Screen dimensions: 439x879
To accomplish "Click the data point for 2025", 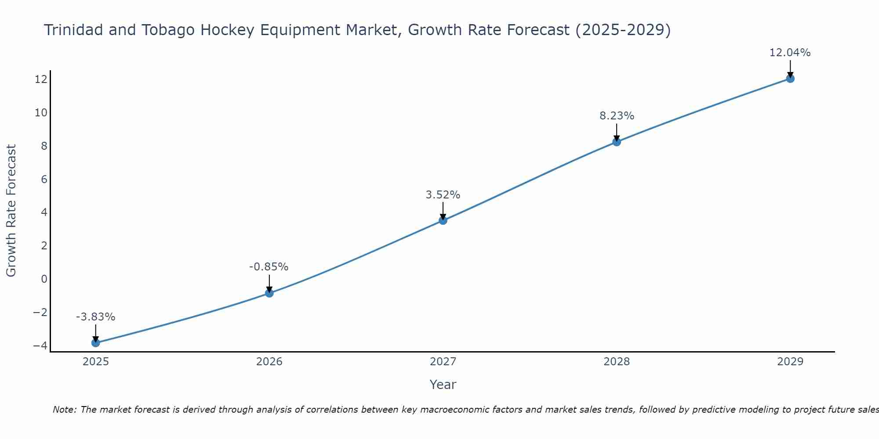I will coord(96,343).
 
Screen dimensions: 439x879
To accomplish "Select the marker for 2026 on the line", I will coord(269,293).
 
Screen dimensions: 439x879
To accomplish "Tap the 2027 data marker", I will coord(443,220).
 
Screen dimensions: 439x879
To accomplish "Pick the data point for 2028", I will coord(617,142).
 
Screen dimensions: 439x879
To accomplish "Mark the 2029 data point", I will coord(790,79).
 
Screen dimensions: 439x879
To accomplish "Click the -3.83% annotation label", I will coord(95,317).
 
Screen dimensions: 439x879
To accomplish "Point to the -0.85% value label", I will coord(269,267).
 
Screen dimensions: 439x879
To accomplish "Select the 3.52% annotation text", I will coord(443,195).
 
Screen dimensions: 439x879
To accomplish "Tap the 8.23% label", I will coord(617,116).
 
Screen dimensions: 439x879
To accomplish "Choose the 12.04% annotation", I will coord(790,53).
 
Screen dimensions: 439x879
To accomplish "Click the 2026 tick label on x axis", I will coord(269,362).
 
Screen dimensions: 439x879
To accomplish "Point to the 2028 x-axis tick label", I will coord(617,362).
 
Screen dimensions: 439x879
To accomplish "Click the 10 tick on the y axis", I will coord(41,113).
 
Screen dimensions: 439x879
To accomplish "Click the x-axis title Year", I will coord(443,385).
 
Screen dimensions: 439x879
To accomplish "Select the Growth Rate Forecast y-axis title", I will coord(11,211).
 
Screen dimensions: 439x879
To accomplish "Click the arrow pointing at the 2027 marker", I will coord(443,211).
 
